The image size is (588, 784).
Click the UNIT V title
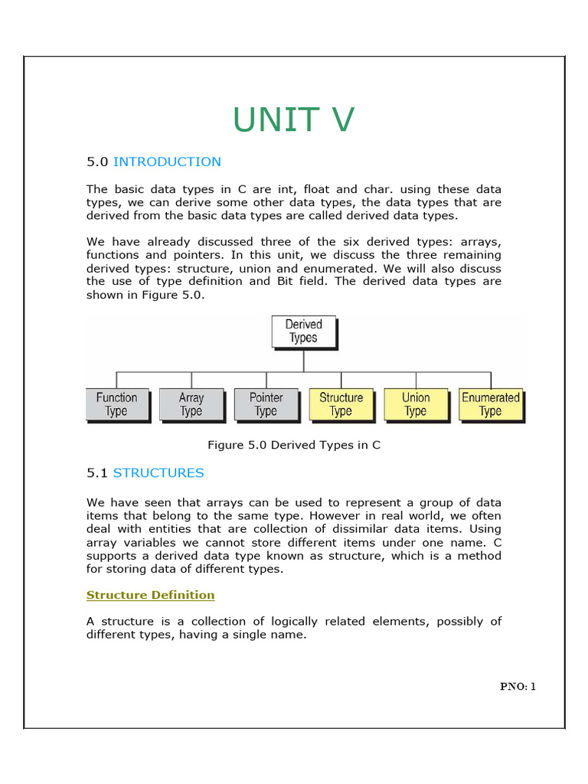293,120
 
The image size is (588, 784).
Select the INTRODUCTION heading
167,162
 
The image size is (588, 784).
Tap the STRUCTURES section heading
158,472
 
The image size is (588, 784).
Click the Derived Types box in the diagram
304,331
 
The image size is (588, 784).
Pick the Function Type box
116,404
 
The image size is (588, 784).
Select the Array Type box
191,404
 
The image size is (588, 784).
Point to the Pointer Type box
266,404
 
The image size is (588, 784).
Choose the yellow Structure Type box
341,404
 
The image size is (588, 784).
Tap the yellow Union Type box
416,404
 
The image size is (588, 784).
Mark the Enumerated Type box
490,404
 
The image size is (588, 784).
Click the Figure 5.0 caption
294,445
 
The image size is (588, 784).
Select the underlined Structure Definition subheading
150,595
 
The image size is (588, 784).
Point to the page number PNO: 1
518,687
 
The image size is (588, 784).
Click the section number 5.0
97,162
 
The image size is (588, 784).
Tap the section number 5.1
97,472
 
